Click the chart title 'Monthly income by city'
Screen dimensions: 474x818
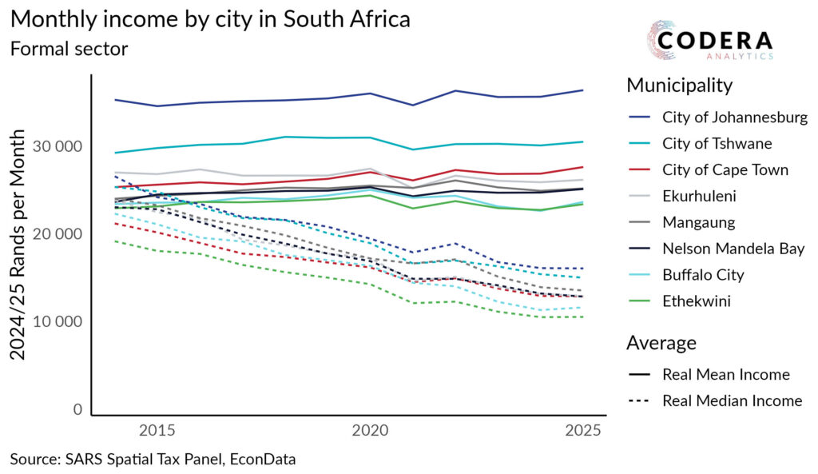(x=210, y=19)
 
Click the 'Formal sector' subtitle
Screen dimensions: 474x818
(x=69, y=48)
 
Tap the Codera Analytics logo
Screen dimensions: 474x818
(x=709, y=42)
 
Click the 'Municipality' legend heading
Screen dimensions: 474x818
(x=679, y=85)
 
